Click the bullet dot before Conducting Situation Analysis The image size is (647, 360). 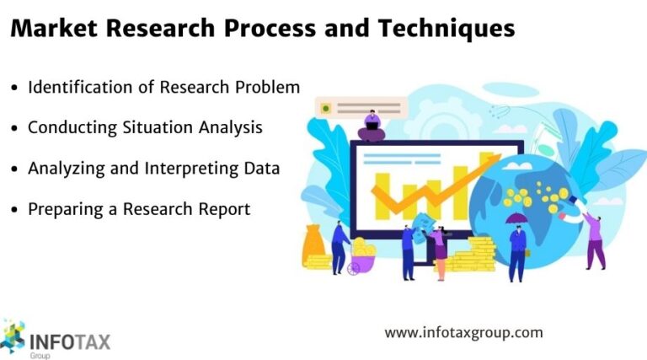pyautogui.click(x=14, y=128)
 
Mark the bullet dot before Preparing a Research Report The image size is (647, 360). pyautogui.click(x=14, y=209)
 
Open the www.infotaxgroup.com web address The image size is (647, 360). pyautogui.click(x=463, y=332)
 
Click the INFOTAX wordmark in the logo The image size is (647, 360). pyautogui.click(x=69, y=342)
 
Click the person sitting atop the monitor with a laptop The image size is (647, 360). pyautogui.click(x=371, y=126)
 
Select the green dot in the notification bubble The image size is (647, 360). pyautogui.click(x=325, y=108)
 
